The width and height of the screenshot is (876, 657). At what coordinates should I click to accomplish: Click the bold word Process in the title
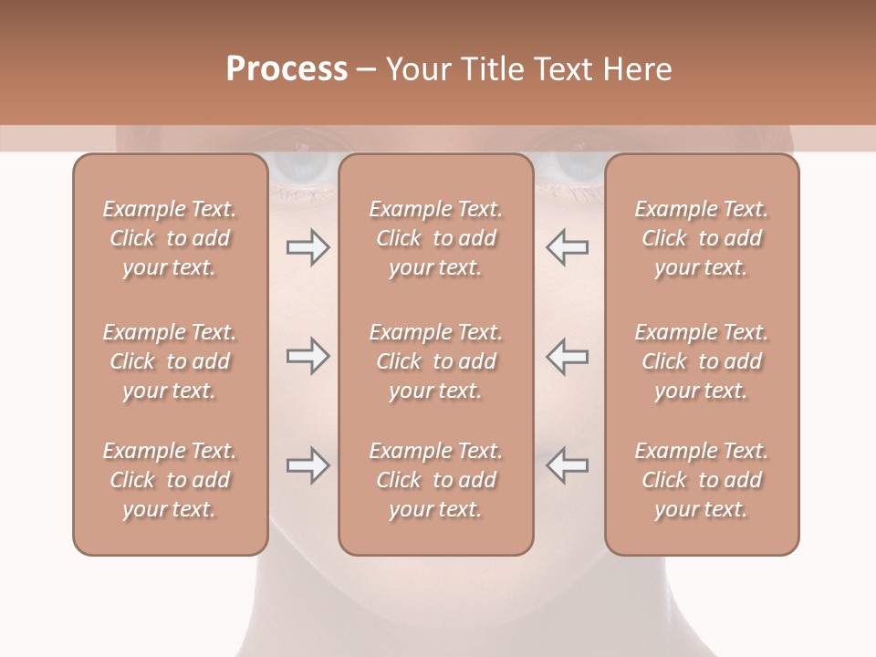click(x=287, y=69)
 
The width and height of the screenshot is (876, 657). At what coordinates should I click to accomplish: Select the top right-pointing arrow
click(x=308, y=247)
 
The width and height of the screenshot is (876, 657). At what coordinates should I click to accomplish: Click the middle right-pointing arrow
click(x=308, y=356)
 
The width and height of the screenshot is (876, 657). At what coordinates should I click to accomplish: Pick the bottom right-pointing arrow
click(x=308, y=466)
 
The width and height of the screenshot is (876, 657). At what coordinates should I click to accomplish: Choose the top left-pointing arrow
click(x=568, y=247)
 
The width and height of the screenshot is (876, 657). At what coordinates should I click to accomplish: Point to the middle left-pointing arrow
click(x=568, y=356)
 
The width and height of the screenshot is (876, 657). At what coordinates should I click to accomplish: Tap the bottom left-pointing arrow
click(x=568, y=466)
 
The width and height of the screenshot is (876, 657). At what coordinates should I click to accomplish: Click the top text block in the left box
click(x=170, y=238)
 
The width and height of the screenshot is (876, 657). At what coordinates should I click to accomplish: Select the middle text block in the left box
click(x=170, y=361)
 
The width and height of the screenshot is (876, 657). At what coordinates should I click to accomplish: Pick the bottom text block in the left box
click(x=170, y=480)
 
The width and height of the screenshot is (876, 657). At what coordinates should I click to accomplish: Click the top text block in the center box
click(x=435, y=238)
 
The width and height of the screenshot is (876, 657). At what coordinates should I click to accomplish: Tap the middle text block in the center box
click(x=435, y=361)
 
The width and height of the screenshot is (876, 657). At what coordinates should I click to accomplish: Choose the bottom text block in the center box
click(x=435, y=480)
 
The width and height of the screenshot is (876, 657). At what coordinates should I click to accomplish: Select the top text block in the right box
click(x=701, y=238)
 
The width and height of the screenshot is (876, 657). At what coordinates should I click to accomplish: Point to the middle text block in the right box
click(x=701, y=361)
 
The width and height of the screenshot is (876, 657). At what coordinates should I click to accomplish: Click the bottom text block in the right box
click(x=701, y=480)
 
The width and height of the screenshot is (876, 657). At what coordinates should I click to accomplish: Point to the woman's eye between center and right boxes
click(x=573, y=167)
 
